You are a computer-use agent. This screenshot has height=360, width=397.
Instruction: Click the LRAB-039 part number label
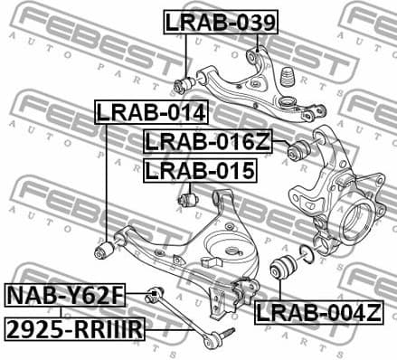(220, 21)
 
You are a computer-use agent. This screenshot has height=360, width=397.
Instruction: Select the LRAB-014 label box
(152, 112)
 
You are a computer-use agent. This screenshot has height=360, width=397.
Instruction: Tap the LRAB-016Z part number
(207, 141)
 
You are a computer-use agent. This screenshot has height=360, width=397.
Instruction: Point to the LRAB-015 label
(199, 169)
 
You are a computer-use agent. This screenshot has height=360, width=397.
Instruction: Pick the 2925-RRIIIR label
(74, 330)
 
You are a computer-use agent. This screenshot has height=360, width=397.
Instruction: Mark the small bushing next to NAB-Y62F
(155, 293)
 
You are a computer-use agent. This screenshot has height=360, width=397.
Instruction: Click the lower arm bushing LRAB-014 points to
(105, 247)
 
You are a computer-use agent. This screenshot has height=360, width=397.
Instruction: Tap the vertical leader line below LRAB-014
(107, 181)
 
